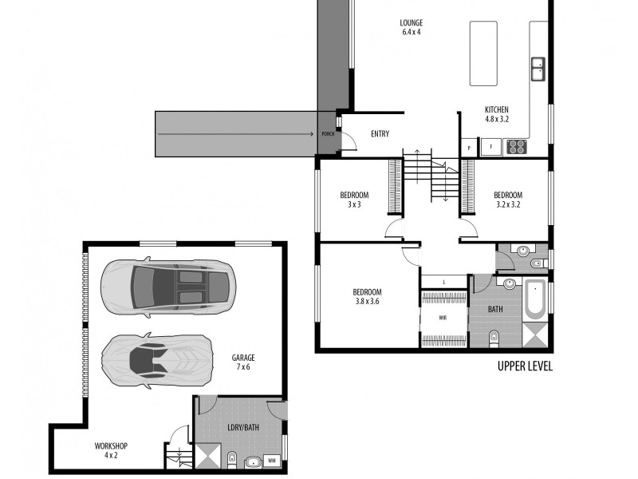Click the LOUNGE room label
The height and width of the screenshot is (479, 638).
coord(411,23)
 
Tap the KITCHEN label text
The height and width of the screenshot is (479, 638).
coord(496,109)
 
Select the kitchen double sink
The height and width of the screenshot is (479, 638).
coord(538,69)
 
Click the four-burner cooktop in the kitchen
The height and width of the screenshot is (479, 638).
coord(517,147)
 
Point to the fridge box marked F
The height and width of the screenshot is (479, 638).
coord(491,148)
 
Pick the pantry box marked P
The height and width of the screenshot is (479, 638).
coord(469,148)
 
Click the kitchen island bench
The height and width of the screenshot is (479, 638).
coord(483,53)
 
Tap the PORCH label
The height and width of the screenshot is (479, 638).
coord(328,133)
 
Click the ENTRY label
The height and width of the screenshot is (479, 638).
coord(380,133)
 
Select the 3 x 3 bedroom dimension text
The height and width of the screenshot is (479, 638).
coord(354,204)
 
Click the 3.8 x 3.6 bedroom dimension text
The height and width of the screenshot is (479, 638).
coord(367,302)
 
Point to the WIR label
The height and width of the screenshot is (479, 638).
coord(443,318)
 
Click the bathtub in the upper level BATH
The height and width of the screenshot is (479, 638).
coord(534,299)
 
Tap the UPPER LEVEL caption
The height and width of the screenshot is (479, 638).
coord(526,366)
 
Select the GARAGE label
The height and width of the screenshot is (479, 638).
coord(243,358)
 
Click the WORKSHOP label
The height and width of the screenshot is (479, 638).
coord(111,446)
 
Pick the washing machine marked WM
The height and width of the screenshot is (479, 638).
coord(272,461)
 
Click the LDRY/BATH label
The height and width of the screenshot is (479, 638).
coord(243,427)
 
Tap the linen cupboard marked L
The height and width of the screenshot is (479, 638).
coord(444,282)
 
